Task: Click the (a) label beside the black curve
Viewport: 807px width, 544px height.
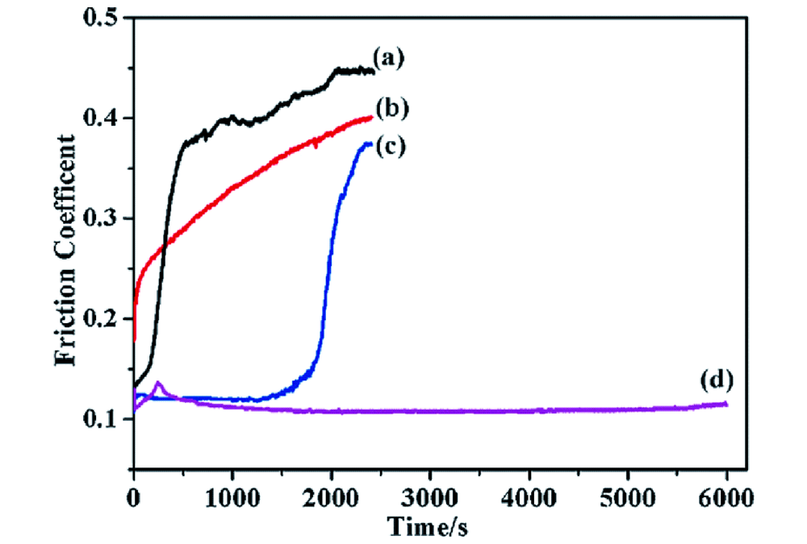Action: tap(388, 57)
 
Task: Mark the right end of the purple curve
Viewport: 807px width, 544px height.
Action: tap(726, 404)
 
